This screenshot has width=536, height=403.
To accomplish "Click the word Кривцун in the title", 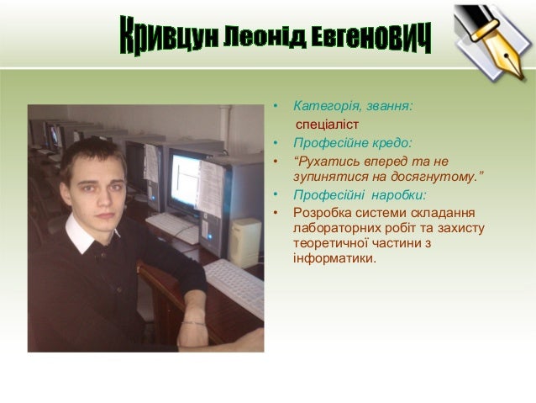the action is tap(169, 35).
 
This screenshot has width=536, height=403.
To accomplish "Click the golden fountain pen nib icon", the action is tap(492, 42).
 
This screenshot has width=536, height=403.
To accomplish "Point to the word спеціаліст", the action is tap(327, 125).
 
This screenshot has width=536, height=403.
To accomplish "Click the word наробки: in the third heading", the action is tap(399, 195).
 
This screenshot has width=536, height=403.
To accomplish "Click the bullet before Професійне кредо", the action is tap(276, 143).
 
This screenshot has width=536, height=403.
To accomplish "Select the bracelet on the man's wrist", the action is tap(193, 322).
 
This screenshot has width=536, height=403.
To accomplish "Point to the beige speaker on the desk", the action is tap(244, 242).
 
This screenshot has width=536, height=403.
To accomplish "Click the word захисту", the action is tap(461, 228).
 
